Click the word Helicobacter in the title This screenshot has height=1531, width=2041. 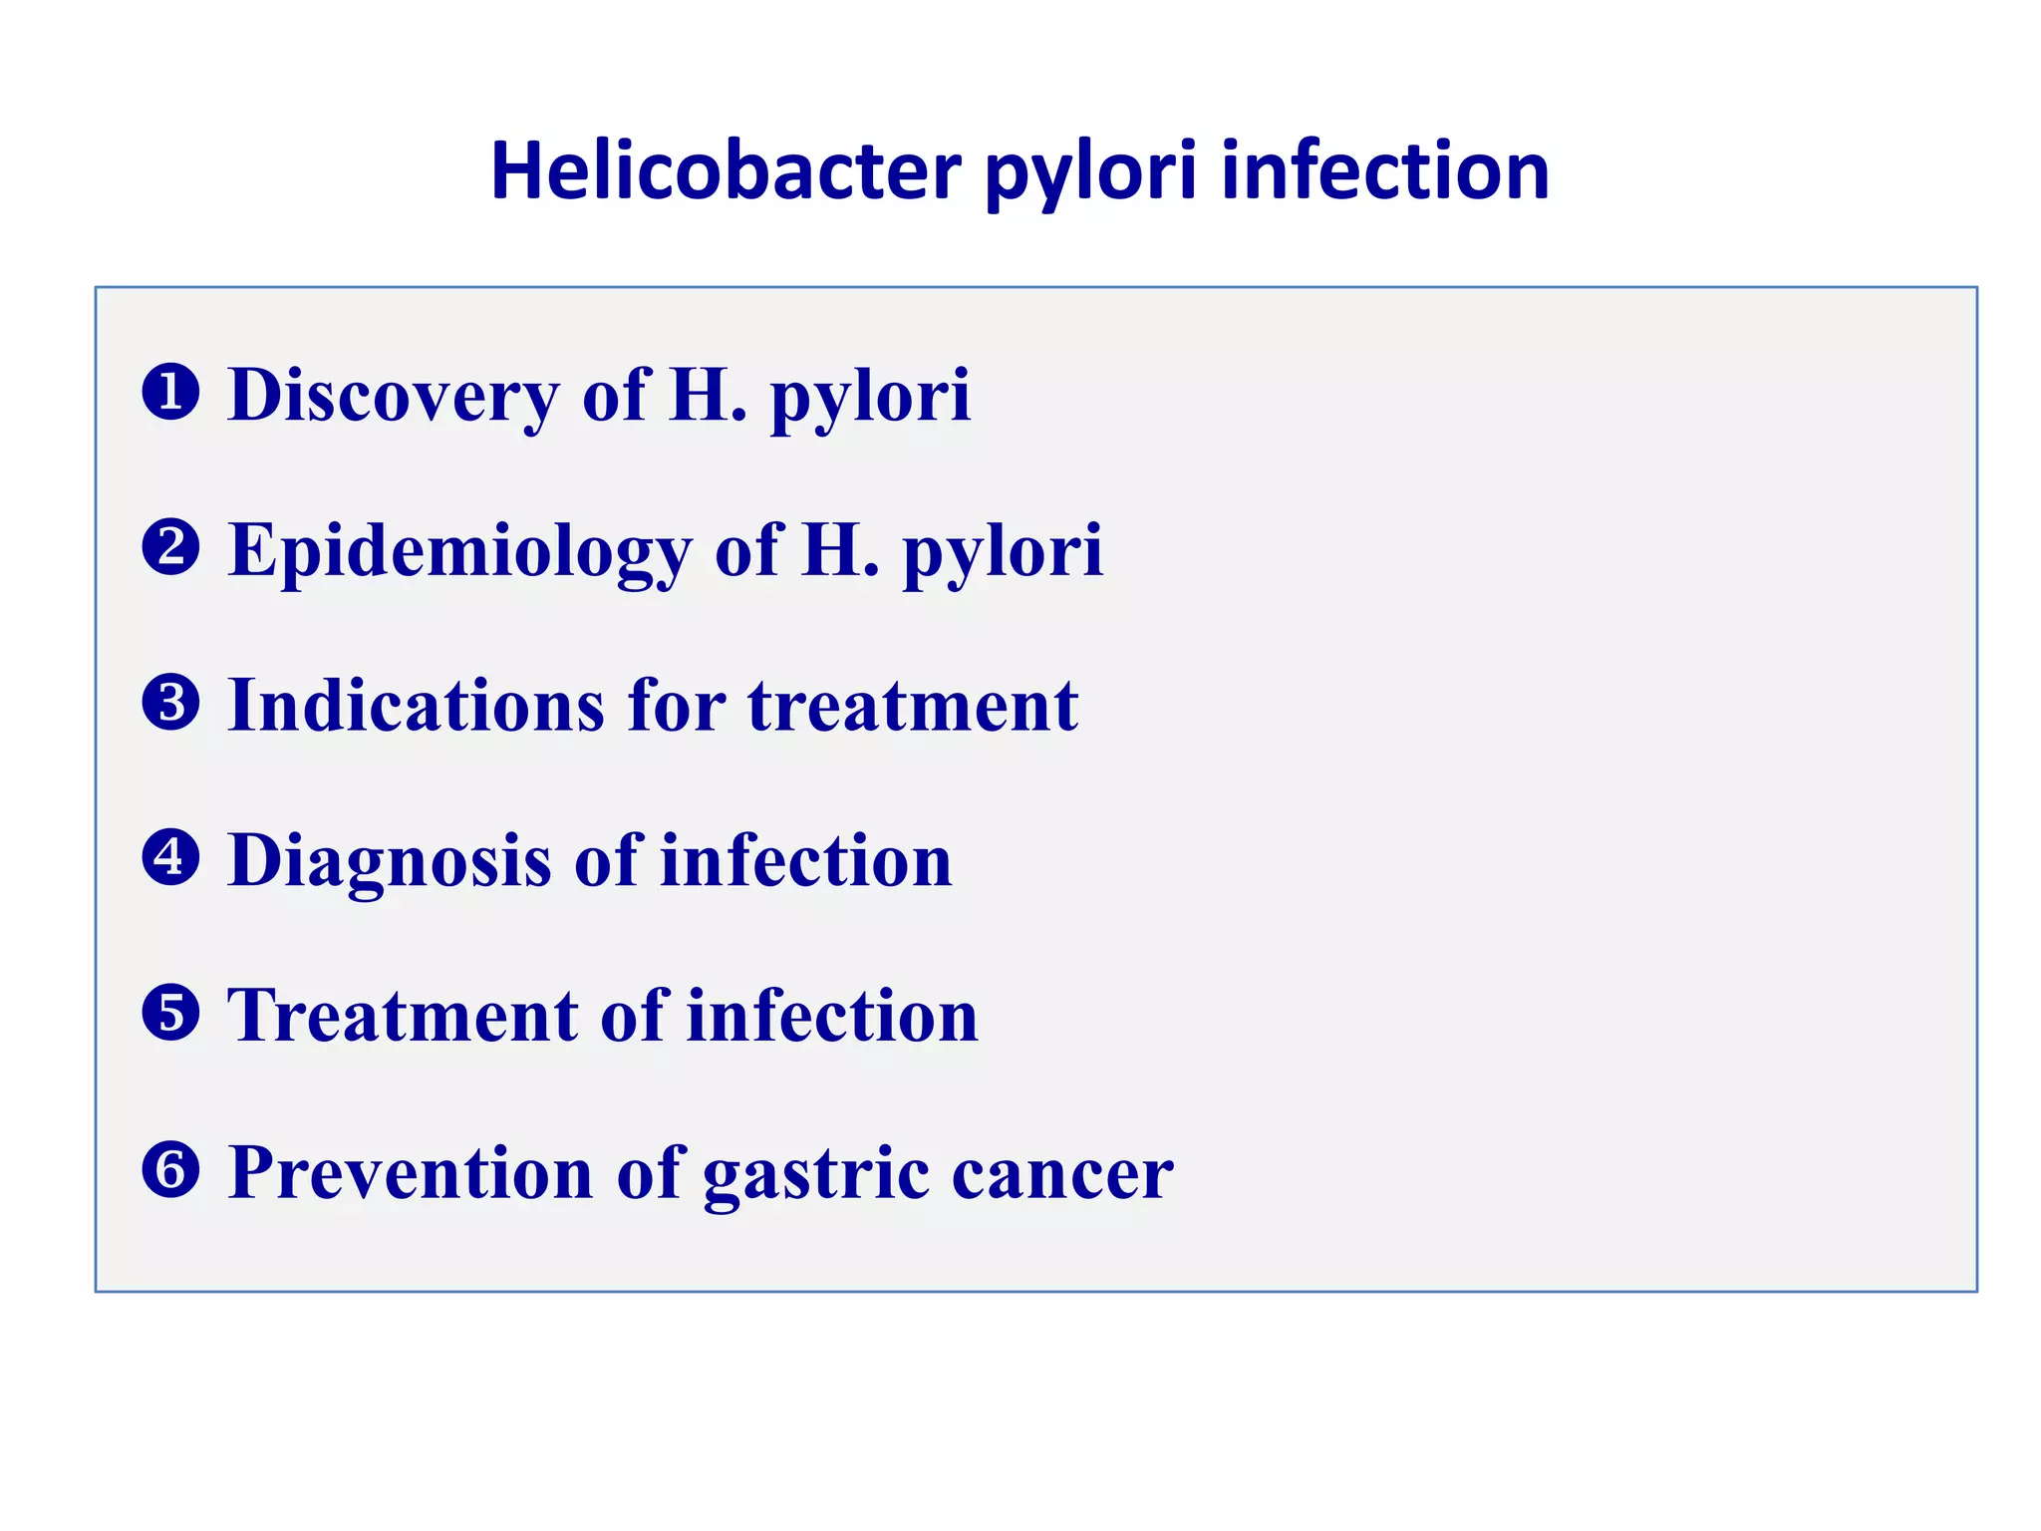726,171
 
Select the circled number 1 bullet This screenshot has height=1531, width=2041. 170,392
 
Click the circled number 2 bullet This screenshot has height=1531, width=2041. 170,547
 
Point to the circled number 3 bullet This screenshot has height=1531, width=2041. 170,703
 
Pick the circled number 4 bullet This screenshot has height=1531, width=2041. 170,858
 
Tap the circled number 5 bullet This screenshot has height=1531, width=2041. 170,1014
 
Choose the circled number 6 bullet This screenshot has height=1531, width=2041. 170,1170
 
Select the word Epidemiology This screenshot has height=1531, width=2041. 459,551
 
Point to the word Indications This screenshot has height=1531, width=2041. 417,706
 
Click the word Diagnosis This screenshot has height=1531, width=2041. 389,861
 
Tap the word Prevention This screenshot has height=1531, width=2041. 411,1172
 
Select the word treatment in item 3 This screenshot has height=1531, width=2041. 913,706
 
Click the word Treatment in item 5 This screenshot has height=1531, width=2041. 403,1017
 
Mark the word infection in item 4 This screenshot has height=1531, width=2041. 805,861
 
